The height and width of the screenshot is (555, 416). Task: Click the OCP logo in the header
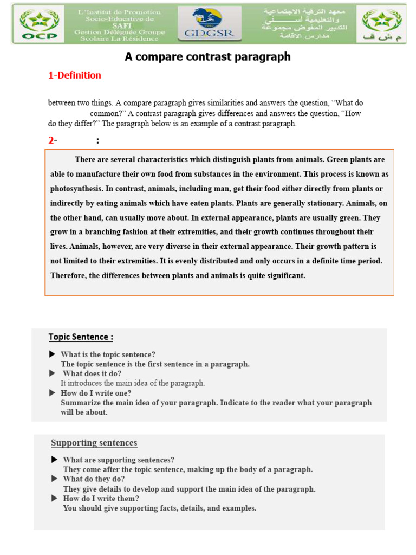coord(37,25)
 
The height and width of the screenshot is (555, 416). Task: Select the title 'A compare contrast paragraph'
coord(207,57)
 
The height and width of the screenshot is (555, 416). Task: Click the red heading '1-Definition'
coord(75,75)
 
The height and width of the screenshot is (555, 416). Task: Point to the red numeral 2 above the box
coord(51,140)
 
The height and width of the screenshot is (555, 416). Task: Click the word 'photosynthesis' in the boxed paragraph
coord(75,189)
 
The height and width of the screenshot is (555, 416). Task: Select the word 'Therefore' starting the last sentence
coord(68,275)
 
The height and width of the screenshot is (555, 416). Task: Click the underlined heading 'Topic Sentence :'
coord(81,337)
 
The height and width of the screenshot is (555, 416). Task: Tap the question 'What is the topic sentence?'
coord(108,354)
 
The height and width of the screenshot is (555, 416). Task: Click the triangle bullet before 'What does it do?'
coord(52,373)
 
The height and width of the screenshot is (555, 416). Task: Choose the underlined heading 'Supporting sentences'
coord(94,443)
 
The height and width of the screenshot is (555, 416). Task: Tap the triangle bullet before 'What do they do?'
coord(54,479)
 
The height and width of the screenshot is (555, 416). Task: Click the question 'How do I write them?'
coord(101,499)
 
